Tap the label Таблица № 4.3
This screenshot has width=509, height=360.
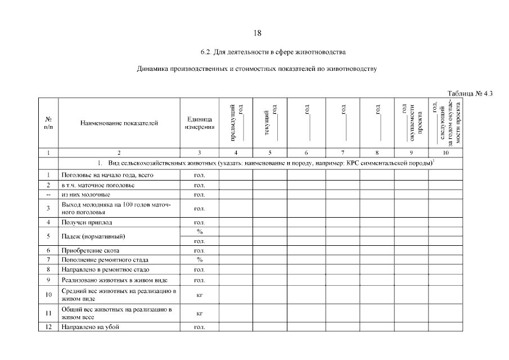tap(470, 93)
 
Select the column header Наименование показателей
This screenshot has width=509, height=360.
tap(119, 122)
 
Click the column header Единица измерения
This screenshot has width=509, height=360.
tap(199, 123)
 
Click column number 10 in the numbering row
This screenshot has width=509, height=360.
tap(445, 152)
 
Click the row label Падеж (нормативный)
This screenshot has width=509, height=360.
tap(93, 236)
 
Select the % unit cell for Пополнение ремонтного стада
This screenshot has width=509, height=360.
tap(199, 260)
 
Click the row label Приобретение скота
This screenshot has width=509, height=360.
tap(91, 250)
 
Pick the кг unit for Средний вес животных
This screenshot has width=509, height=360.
tap(199, 294)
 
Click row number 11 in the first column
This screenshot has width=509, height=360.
tap(49, 313)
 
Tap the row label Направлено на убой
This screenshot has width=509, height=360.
tap(91, 327)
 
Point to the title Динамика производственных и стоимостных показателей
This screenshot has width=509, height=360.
tap(256, 70)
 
